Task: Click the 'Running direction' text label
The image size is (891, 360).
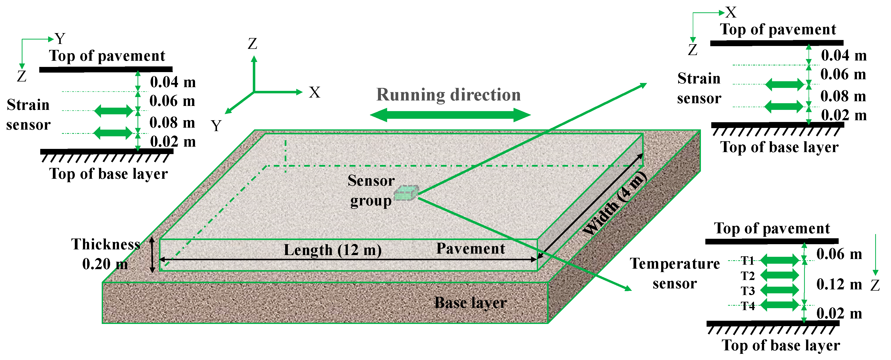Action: coord(448,95)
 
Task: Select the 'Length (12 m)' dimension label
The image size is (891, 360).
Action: coord(332,250)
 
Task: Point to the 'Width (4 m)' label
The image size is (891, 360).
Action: coord(614,204)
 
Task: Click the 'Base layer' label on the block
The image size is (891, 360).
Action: coord(470,303)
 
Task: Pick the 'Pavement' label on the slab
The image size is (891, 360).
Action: coord(470,249)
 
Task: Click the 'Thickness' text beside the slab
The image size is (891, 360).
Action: coord(105,244)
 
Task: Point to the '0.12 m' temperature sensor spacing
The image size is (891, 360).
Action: coord(839,285)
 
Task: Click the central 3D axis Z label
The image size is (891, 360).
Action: coord(253,44)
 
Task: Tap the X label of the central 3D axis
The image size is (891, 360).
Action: coord(315,92)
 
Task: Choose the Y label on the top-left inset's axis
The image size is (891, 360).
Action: coord(60,38)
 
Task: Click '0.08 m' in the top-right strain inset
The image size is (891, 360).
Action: coord(843,96)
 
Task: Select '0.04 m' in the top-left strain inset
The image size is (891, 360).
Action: coord(173,82)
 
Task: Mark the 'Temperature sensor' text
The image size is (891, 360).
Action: coord(674,273)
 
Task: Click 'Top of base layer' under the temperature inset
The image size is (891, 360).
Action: coord(780,345)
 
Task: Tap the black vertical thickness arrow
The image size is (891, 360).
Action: coord(152,255)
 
